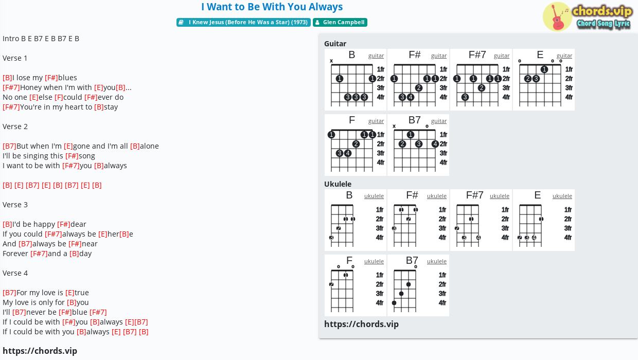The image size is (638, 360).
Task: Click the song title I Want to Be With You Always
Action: coord(272,7)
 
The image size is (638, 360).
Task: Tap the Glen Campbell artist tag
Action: coord(340,22)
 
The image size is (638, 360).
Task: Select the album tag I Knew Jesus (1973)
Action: coord(243,22)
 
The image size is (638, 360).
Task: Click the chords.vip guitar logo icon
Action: coord(557,16)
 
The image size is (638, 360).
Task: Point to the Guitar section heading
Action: coord(335,44)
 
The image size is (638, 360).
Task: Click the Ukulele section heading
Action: coord(338,184)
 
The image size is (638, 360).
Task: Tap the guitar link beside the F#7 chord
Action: coord(502,56)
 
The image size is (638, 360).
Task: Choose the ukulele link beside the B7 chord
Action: coord(437,261)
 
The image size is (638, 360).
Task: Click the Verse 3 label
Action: coord(15,205)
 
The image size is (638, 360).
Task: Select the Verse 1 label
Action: coord(15,58)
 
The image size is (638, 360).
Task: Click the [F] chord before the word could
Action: coord(59,97)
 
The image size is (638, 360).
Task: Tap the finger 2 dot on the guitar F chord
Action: coord(356,144)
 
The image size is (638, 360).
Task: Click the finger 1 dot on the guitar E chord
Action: coord(544,69)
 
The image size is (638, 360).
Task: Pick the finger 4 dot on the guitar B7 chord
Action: coord(435,144)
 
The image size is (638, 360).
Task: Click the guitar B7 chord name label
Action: coord(414,120)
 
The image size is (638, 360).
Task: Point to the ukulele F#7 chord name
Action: coord(474,195)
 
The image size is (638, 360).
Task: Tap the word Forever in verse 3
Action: coord(15,254)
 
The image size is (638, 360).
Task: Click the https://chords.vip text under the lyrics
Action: coord(40,351)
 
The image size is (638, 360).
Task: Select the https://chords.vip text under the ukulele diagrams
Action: coord(361,324)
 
